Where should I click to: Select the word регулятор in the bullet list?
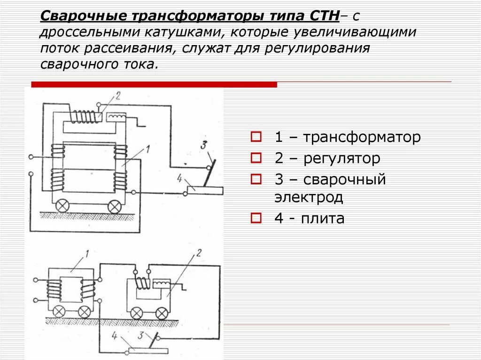pos(341,159)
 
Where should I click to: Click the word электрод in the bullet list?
pos(309,197)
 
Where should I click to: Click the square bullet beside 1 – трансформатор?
pos(256,138)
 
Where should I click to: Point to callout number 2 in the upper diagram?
pos(118,96)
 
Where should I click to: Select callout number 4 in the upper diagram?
pos(179,177)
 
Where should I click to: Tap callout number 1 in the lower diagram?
pos(86,255)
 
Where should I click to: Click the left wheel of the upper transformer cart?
pos(62,206)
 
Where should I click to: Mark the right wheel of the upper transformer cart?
pos(115,206)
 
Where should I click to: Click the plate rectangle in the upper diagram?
pos(205,190)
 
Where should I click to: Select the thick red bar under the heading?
pos(154,84)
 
